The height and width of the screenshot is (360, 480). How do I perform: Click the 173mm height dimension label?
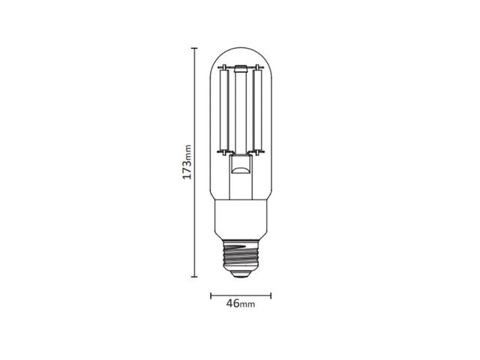click(x=187, y=162)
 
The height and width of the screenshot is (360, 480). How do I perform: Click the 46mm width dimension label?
click(x=241, y=303)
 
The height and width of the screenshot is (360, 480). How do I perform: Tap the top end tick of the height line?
click(x=194, y=48)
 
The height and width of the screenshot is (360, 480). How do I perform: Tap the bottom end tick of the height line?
click(x=194, y=277)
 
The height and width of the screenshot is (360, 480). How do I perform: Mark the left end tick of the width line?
click(x=211, y=295)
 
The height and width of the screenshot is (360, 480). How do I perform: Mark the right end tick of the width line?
click(x=271, y=295)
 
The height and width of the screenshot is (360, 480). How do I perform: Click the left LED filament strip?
click(x=224, y=110)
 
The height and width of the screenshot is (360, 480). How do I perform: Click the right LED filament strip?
click(x=257, y=110)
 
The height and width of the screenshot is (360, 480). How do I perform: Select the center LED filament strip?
click(x=241, y=112)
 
